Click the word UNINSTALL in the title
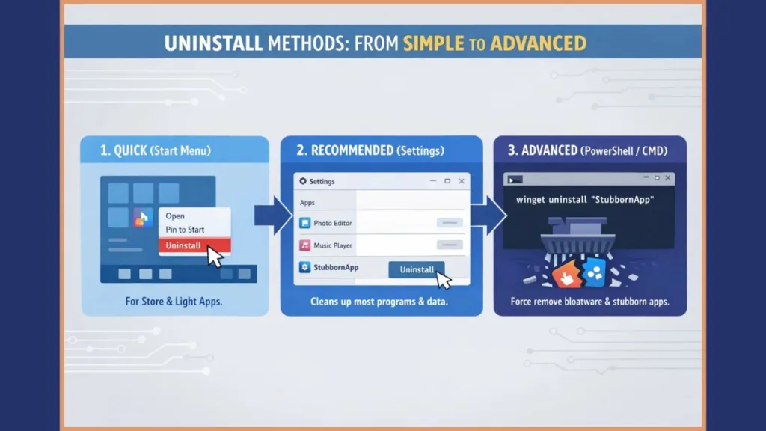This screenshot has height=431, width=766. pyautogui.click(x=211, y=43)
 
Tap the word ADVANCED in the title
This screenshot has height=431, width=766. pyautogui.click(x=543, y=43)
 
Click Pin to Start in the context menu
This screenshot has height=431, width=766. pyautogui.click(x=185, y=230)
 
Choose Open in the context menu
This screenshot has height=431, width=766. pyautogui.click(x=175, y=215)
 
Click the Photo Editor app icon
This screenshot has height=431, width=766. pyautogui.click(x=304, y=223)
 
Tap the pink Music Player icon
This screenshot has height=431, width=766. pyautogui.click(x=304, y=245)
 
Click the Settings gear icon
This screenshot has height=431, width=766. pyautogui.click(x=303, y=181)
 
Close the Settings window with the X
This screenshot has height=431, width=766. pyautogui.click(x=461, y=181)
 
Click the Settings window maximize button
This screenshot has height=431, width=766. pyautogui.click(x=447, y=181)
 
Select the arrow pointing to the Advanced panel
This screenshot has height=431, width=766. pyautogui.click(x=485, y=215)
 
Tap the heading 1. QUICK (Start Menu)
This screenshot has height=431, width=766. pyautogui.click(x=156, y=151)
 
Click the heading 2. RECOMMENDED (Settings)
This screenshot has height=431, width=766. pyautogui.click(x=370, y=151)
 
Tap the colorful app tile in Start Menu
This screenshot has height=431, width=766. pyautogui.click(x=142, y=218)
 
